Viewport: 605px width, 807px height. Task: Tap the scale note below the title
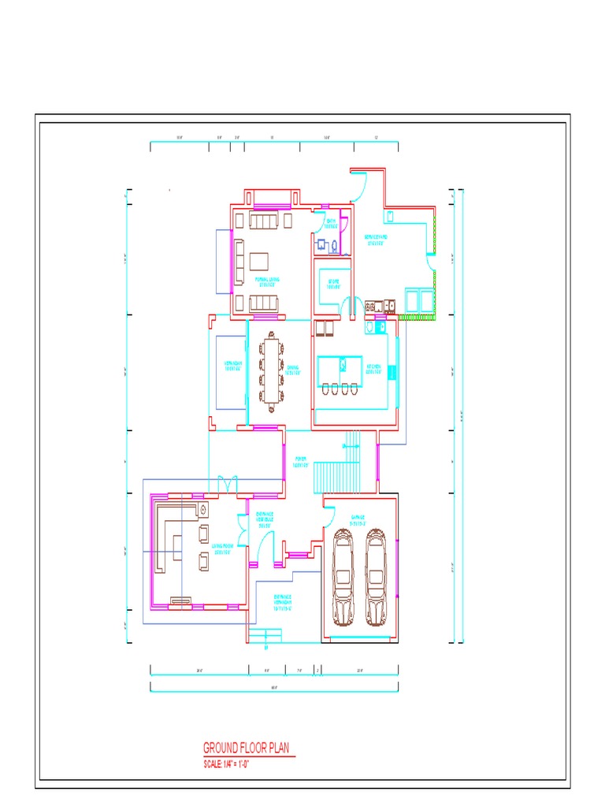click(232, 764)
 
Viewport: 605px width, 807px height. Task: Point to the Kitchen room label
click(373, 369)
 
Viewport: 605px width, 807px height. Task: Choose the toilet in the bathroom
click(336, 246)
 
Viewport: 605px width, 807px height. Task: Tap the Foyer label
click(300, 462)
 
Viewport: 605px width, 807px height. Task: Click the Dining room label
click(293, 369)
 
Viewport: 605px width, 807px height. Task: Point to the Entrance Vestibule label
click(265, 520)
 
